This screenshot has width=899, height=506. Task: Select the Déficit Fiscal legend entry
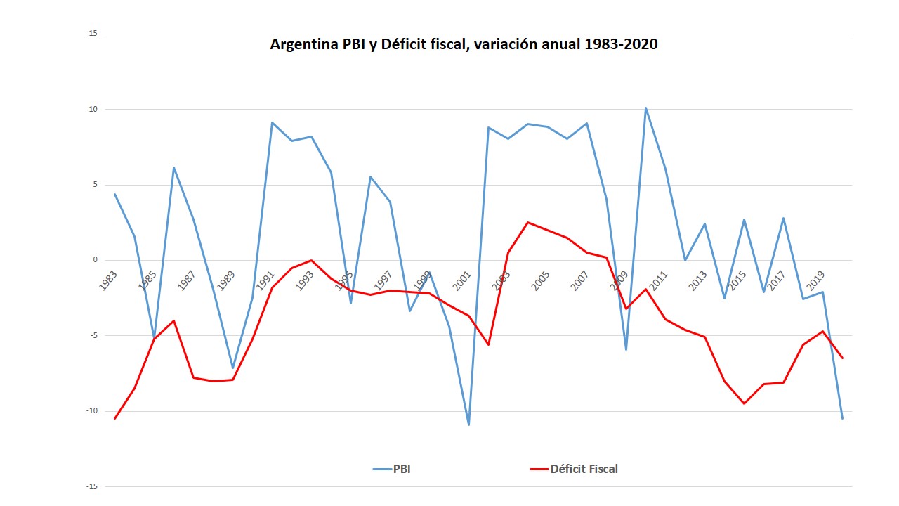click(x=584, y=469)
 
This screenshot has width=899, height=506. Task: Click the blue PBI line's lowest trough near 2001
click(x=468, y=424)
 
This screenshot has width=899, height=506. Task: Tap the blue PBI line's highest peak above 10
click(x=645, y=108)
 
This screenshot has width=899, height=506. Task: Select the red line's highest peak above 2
click(x=527, y=222)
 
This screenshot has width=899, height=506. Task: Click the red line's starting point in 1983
click(x=114, y=418)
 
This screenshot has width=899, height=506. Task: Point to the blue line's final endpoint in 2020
click(x=842, y=418)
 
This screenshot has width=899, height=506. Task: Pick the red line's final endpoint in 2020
click(x=842, y=358)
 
